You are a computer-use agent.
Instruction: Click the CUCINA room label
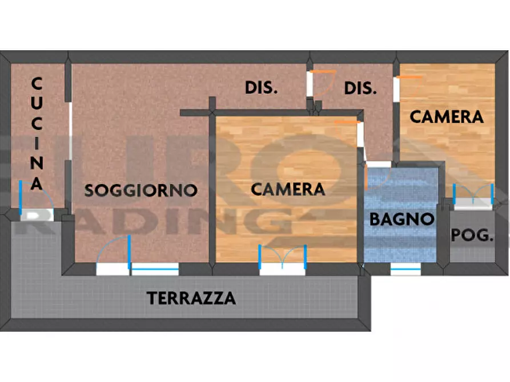pyautogui.click(x=37, y=134)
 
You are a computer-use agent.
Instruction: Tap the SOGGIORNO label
pyautogui.click(x=141, y=190)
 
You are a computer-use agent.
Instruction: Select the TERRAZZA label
pyautogui.click(x=191, y=298)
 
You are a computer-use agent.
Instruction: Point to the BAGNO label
pyautogui.click(x=402, y=218)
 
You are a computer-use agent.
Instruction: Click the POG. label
pyautogui.click(x=472, y=235)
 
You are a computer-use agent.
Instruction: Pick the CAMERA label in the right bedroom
pyautogui.click(x=447, y=117)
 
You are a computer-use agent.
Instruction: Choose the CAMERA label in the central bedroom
pyautogui.click(x=288, y=189)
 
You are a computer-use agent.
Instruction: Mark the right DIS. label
pyautogui.click(x=361, y=88)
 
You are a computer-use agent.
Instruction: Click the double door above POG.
pyautogui.click(x=473, y=196)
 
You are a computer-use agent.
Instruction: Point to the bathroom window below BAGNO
pyautogui.click(x=406, y=269)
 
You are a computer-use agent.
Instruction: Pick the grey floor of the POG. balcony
pyautogui.click(x=472, y=251)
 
